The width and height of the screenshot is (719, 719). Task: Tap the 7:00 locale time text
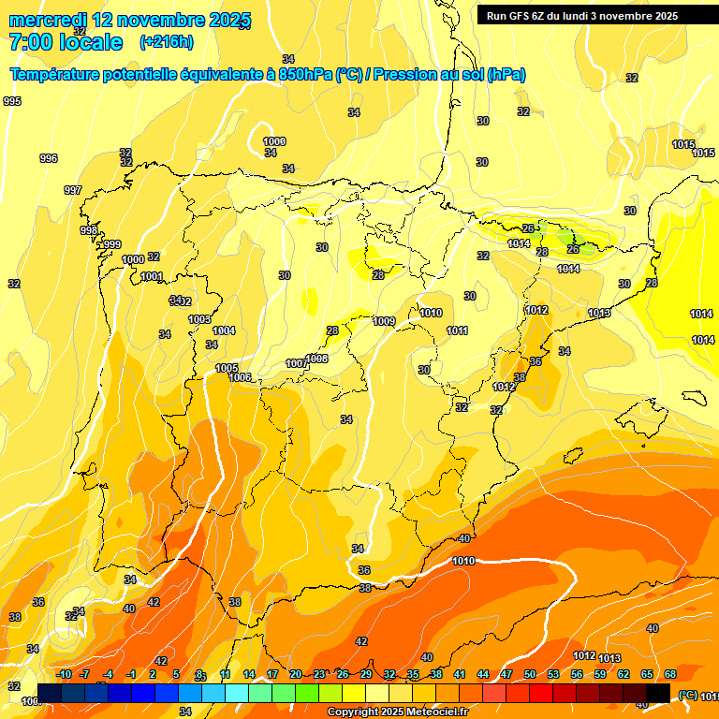point(66,42)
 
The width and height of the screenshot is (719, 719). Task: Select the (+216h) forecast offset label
point(167,42)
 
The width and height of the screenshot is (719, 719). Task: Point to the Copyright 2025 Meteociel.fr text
point(398,712)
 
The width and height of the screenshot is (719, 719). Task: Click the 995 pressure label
point(12,101)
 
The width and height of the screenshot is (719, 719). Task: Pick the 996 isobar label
point(49,158)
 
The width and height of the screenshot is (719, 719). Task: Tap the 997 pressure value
point(73,190)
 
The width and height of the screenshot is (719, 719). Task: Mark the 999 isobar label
point(111,244)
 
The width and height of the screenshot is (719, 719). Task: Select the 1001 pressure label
point(153,276)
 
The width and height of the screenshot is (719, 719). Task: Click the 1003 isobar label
point(199,319)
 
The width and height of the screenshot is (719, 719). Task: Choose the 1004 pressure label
point(224,330)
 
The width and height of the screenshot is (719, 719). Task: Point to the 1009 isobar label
point(384,321)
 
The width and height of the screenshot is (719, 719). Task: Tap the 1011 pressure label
point(458,330)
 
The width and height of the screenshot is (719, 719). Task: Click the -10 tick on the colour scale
point(64,674)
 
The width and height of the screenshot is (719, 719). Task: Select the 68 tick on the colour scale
point(671,674)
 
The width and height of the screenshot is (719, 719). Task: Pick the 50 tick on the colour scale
point(530,674)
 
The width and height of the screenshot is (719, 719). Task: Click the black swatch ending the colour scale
point(658,692)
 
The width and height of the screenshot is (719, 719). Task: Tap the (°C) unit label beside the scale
point(688,695)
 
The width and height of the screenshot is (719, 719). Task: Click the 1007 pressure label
point(296,363)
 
